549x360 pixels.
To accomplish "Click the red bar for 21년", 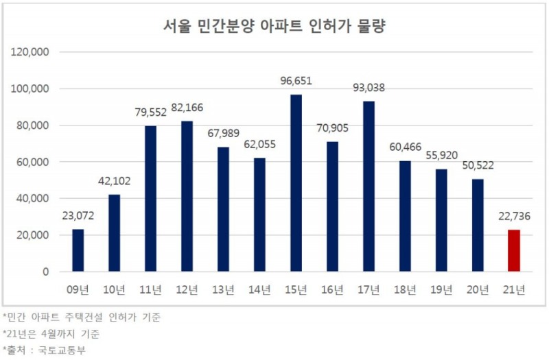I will pos(514,250).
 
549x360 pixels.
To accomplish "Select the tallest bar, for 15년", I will pos(296,183).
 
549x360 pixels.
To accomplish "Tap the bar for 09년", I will pos(78,250).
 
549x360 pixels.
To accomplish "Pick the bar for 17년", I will pos(369,186).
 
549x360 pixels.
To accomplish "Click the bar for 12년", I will pos(187,196).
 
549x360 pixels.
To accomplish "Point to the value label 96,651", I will pos(296,81).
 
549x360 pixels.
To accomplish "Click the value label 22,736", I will pos(514,217).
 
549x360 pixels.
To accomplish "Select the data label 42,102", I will pos(114,181).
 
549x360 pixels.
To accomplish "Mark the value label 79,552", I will pos(150,112).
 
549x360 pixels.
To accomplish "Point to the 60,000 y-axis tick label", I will pos(30,162).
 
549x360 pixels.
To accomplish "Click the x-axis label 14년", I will pos(259,290).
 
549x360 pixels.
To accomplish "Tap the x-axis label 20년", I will pos(478,290).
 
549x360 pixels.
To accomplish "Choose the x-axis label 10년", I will pos(114,290).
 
